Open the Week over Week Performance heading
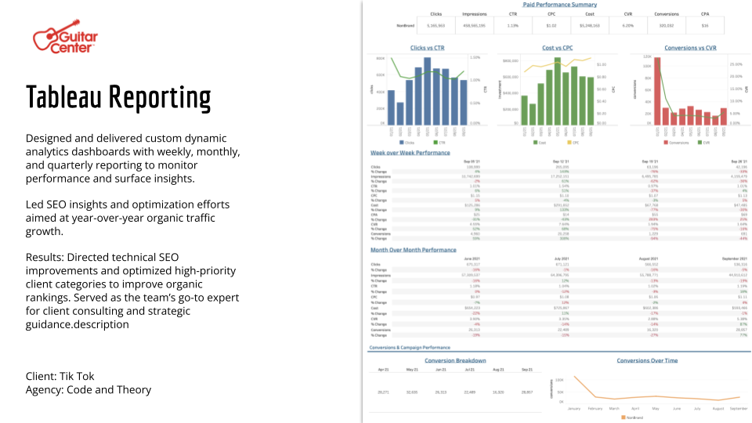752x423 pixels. pyautogui.click(x=410, y=153)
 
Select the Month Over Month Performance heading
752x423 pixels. pyautogui.click(x=413, y=250)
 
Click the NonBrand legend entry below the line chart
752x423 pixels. pyautogui.click(x=633, y=418)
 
